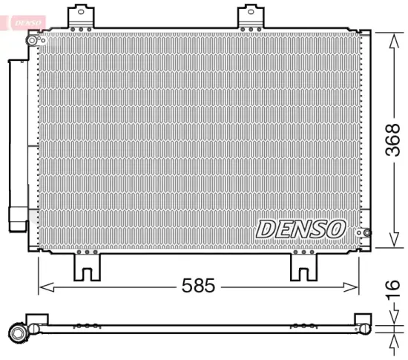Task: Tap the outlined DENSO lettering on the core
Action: pos(300,228)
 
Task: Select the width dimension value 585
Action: pos(198,285)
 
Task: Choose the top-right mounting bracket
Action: pos(253,17)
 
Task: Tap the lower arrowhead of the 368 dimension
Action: pos(392,242)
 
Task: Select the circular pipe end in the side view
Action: pos(16,332)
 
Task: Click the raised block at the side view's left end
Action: pos(36,319)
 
